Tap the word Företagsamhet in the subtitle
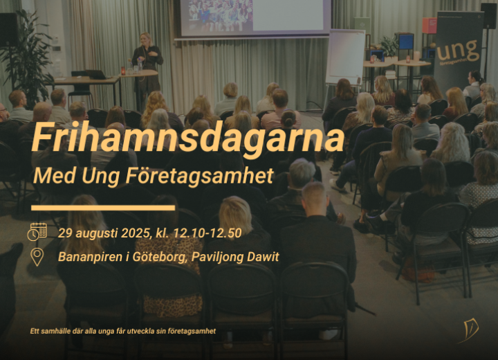pos(199,176)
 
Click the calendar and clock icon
pos(37,232)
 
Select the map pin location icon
pos(37,258)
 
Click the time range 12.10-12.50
pos(207,233)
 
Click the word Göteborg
pos(159,258)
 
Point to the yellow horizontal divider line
pos(103,208)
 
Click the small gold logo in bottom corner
pos(469,331)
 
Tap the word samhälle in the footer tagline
pos(55,331)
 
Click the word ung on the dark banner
pos(457,51)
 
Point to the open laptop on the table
pos(97,74)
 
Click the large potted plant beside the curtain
pos(26,57)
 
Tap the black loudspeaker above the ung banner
pos(488,15)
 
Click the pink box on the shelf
pos(429,26)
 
